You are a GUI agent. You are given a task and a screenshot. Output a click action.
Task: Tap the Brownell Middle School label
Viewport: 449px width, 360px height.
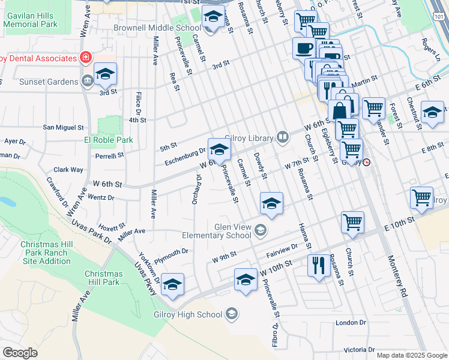[157, 28]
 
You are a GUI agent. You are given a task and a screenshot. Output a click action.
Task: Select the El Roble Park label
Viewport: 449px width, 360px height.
[108, 140]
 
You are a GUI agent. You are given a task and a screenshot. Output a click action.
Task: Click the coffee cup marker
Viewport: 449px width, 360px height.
[303, 47]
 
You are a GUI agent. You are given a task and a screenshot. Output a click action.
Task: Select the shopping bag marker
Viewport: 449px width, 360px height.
[339, 110]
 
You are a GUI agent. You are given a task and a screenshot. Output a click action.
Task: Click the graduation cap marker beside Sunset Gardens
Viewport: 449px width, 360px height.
[105, 74]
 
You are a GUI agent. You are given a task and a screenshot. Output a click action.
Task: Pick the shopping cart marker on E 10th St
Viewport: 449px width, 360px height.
[352, 221]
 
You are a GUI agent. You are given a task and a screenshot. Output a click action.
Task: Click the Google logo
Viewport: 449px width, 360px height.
[20, 352]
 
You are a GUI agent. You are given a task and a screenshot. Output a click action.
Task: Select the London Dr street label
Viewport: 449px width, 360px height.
[351, 323]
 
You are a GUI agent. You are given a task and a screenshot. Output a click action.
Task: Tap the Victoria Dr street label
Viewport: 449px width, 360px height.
[359, 349]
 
